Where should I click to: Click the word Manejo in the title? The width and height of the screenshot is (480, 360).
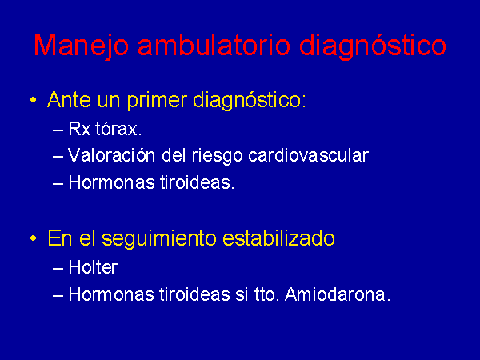[x=81, y=46]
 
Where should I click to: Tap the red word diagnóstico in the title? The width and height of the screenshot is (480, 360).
[x=372, y=46]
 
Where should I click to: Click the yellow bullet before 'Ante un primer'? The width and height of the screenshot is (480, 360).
[x=34, y=100]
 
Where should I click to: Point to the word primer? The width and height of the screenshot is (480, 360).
[x=157, y=101]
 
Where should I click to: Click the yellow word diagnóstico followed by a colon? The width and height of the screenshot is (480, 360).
[x=250, y=101]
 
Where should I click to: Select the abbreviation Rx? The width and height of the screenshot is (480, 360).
[x=79, y=129]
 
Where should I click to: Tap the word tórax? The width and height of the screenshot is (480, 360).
[x=118, y=129]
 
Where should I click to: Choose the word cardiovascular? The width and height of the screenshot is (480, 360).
[x=308, y=155]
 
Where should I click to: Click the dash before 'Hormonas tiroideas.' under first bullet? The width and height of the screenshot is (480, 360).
[x=58, y=184]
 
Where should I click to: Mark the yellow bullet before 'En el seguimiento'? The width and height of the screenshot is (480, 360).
[x=34, y=238]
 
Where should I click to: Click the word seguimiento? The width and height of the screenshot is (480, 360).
[x=159, y=238]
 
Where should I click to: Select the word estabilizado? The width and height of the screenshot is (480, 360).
[x=278, y=238]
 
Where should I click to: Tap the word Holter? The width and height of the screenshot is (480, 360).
[x=93, y=267]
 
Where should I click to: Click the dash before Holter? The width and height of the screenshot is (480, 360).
[x=58, y=269]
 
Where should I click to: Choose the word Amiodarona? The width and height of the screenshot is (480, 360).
[x=338, y=294]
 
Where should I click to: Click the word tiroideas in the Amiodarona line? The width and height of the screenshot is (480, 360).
[x=194, y=294]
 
